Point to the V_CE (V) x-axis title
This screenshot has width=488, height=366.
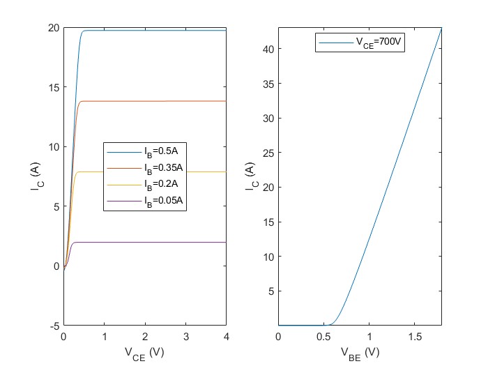(x=144, y=353)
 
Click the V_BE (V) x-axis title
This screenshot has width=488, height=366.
(x=360, y=353)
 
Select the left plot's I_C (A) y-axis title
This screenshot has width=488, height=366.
(x=36, y=176)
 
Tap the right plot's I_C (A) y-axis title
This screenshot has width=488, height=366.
(x=251, y=176)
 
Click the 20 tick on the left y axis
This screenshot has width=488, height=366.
(x=53, y=28)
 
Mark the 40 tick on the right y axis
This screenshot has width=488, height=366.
(x=268, y=49)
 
